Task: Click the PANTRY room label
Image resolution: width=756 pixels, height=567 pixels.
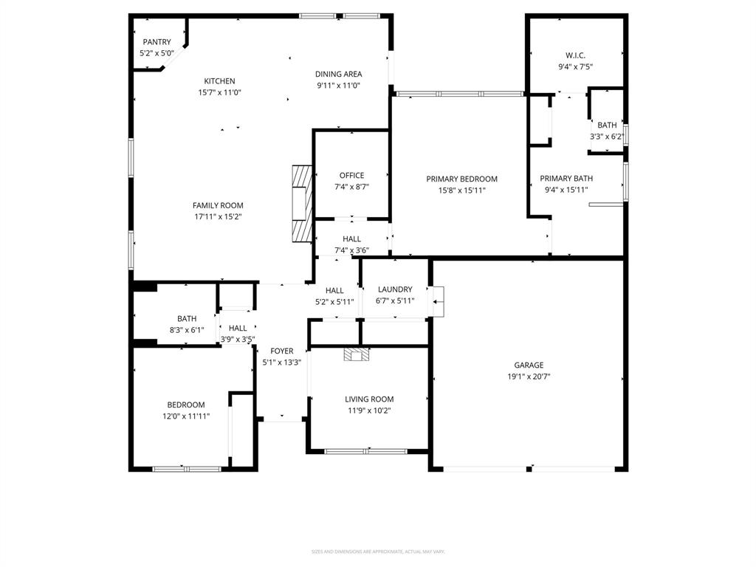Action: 157,42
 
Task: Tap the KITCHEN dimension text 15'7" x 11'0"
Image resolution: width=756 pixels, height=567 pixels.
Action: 219,93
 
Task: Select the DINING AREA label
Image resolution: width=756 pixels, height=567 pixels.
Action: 338,74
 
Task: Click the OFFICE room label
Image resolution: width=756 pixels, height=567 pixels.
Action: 351,176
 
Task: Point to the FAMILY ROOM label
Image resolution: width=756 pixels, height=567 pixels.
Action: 218,205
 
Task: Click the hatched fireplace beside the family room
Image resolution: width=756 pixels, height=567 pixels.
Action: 302,203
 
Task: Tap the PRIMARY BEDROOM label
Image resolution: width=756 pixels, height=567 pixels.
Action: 461,179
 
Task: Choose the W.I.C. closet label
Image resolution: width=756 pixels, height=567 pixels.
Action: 575,55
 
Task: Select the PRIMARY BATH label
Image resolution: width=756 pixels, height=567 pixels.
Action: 566,179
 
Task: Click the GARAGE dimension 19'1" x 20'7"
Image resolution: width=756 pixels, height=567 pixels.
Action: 529,377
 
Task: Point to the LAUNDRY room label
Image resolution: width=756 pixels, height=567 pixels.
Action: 395,289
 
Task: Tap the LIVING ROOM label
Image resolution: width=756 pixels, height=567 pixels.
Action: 369,399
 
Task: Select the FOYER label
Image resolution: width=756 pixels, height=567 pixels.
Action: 281,351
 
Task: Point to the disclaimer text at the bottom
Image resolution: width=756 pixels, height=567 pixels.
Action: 377,551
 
